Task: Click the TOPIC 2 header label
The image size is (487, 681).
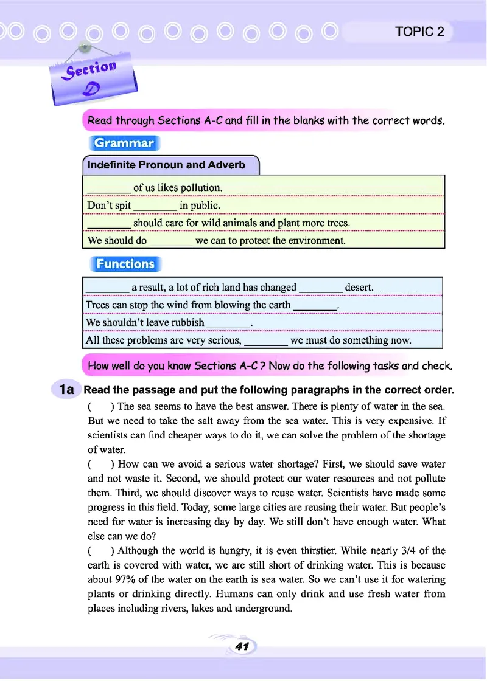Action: [x=419, y=32]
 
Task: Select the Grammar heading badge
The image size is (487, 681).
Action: [x=124, y=143]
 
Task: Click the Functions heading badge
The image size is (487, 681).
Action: [x=125, y=264]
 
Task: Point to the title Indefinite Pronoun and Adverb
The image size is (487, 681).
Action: [x=166, y=165]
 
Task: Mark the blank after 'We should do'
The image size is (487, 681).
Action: [x=171, y=241]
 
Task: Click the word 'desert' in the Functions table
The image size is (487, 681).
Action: [x=359, y=287]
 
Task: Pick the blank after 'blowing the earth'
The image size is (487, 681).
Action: [x=315, y=305]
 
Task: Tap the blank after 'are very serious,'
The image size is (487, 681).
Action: [x=266, y=340]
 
